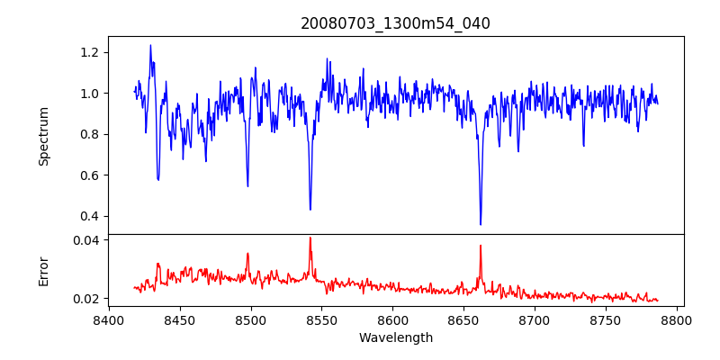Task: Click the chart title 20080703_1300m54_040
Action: coord(395,23)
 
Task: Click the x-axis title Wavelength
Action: coord(395,337)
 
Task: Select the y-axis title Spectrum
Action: coord(43,135)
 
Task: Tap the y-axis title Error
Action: coord(43,271)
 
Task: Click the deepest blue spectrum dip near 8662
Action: coord(481,224)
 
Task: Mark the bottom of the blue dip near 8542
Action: coord(310,210)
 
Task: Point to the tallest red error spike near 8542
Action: coord(310,238)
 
